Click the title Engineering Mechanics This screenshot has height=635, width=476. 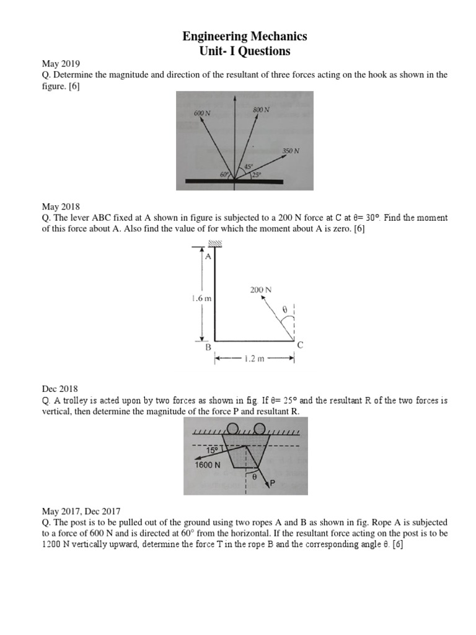coord(244,37)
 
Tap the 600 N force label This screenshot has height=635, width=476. coord(202,114)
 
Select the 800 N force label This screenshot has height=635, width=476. coord(261,110)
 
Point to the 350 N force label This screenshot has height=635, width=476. coord(291,151)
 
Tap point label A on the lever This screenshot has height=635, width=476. coord(208,256)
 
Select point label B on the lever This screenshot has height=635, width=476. coord(209,348)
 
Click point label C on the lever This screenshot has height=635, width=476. coord(300,345)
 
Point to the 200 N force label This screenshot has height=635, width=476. coord(260,290)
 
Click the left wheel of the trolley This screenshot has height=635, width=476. coord(232,427)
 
